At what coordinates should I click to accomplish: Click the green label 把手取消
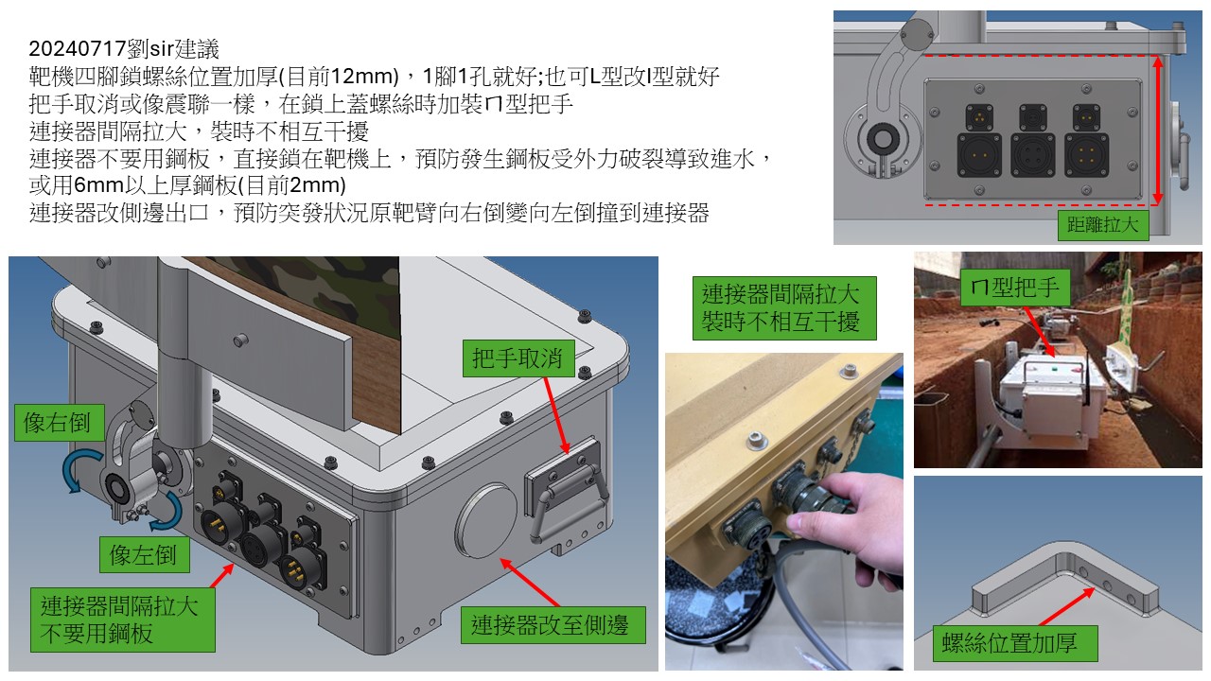(518, 358)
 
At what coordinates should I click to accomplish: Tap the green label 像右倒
(59, 423)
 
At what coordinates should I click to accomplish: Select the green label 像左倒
(145, 554)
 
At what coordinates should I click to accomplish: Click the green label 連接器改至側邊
(553, 625)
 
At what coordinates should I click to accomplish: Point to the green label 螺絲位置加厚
(1015, 644)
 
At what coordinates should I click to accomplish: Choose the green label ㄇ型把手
(1016, 288)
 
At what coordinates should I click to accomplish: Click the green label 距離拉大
(1103, 225)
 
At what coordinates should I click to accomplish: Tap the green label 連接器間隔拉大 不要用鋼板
(123, 620)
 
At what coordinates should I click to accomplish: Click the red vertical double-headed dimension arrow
(1157, 130)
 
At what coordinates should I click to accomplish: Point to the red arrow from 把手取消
(556, 415)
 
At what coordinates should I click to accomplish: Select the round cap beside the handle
(485, 521)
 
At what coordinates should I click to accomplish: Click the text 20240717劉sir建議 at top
(124, 49)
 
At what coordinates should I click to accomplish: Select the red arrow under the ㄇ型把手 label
(1040, 332)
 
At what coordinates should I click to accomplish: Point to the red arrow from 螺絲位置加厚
(1066, 607)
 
